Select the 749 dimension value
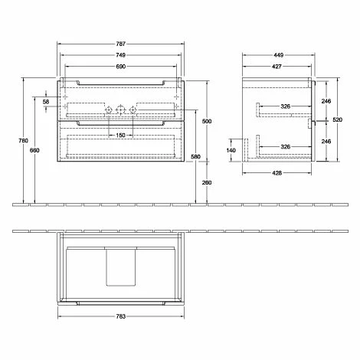[120, 57]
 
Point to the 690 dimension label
[120, 67]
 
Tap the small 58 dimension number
[47, 101]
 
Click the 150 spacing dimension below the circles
[120, 136]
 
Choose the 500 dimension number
[205, 122]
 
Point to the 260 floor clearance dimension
[205, 182]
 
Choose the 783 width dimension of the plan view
[120, 316]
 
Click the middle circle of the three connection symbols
[121, 110]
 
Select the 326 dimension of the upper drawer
[285, 106]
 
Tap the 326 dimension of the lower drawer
[285, 146]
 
